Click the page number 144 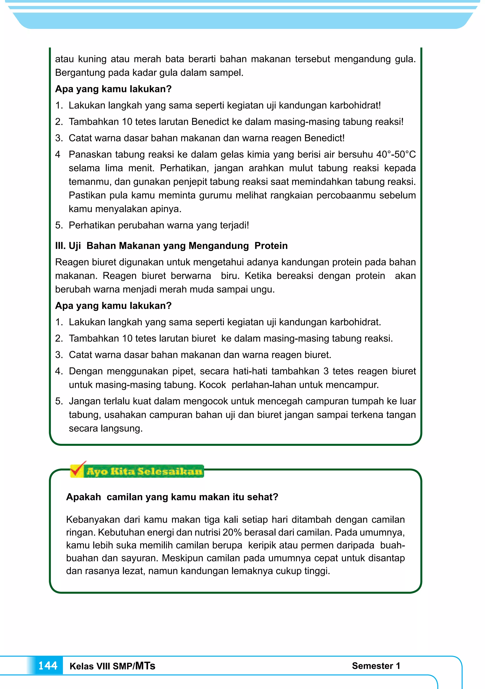coord(48,666)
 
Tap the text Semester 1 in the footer coord(376,666)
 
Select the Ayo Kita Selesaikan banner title coord(144,471)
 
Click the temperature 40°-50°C coord(396,154)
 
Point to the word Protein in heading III coord(271,246)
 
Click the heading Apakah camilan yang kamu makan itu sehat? coord(172,497)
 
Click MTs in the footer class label coord(145,666)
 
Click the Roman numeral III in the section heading coord(60,246)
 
